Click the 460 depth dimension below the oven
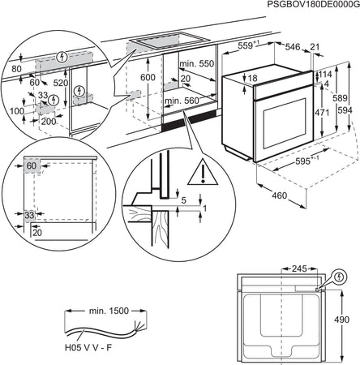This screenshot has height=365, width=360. (x=278, y=195)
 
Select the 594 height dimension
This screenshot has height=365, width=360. (x=345, y=110)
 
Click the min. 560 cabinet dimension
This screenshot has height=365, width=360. (x=182, y=101)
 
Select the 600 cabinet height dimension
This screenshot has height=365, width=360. (x=146, y=76)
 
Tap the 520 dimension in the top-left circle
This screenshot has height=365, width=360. (x=60, y=83)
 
